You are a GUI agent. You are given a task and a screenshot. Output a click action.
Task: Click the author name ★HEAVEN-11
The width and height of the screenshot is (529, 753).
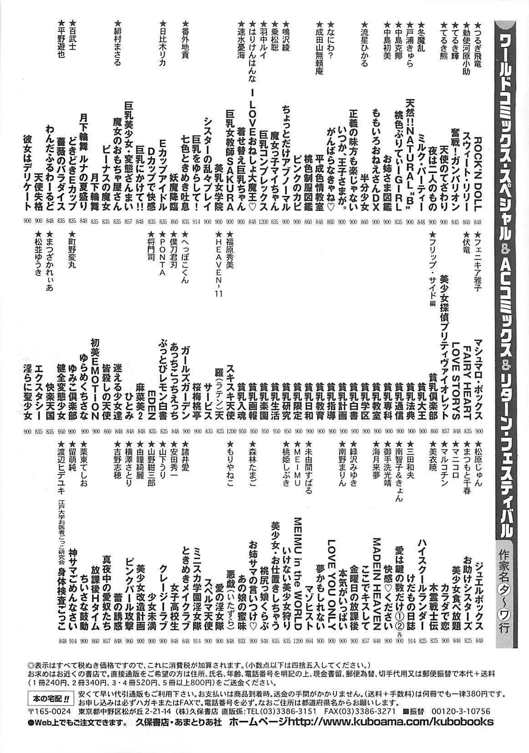(x=218, y=264)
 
